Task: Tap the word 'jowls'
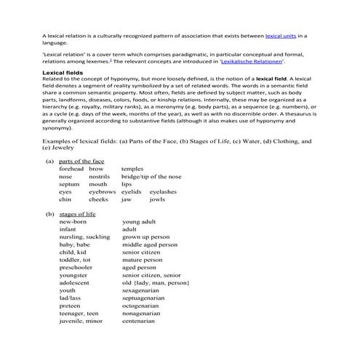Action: pyautogui.click(x=157, y=199)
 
